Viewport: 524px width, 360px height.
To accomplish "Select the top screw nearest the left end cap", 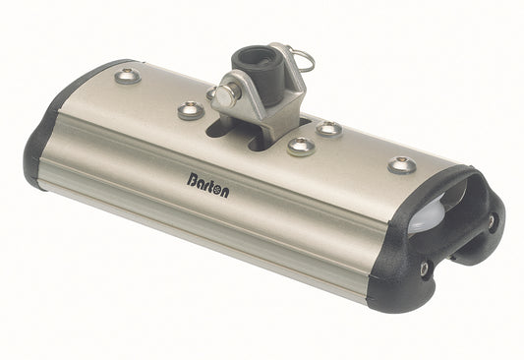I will [127, 76].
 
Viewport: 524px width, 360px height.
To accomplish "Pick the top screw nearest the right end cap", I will [400, 164].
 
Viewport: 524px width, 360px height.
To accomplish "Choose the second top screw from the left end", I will [191, 109].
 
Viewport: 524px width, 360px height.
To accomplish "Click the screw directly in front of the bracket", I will [301, 147].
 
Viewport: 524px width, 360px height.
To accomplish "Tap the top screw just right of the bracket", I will [329, 129].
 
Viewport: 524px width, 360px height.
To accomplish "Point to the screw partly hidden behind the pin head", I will [211, 94].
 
